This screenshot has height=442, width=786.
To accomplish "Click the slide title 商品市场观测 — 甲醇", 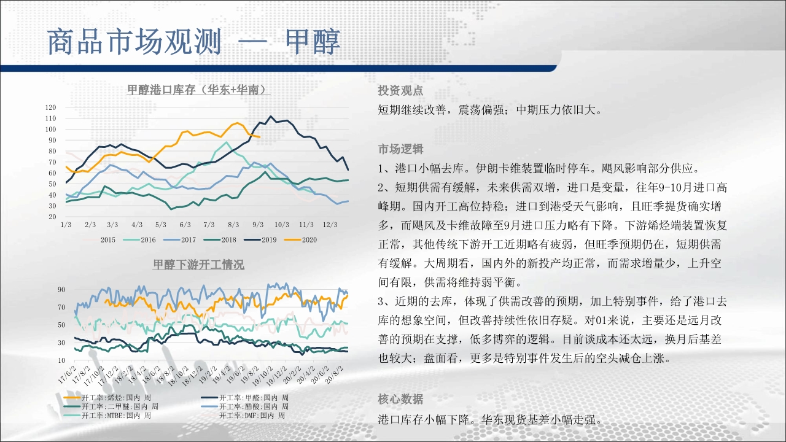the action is pyautogui.click(x=193, y=42).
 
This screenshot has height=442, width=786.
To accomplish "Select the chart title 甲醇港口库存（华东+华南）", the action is pyautogui.click(x=198, y=90).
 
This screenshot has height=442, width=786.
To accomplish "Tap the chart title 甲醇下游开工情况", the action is pyautogui.click(x=198, y=264).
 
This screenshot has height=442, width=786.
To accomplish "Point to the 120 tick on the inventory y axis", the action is pyautogui.click(x=50, y=107).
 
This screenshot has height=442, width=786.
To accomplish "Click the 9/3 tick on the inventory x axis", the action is pyautogui.click(x=258, y=225).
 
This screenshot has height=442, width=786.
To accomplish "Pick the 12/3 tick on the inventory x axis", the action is pyautogui.click(x=330, y=225).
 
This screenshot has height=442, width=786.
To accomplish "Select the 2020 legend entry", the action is pyautogui.click(x=300, y=239).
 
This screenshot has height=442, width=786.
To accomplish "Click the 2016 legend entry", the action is pyautogui.click(x=139, y=239).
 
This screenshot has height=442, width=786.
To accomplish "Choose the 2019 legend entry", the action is pyautogui.click(x=260, y=239).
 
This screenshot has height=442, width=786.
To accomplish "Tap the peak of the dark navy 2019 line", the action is pyautogui.click(x=271, y=117).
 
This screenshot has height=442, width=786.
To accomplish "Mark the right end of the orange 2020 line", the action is pyautogui.click(x=259, y=137).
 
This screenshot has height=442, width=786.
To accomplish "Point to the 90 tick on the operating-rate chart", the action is pyautogui.click(x=61, y=290).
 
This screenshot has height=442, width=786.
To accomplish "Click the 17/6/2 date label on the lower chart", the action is pyautogui.click(x=68, y=374).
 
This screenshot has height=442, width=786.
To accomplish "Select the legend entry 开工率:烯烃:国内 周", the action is pyautogui.click(x=107, y=397).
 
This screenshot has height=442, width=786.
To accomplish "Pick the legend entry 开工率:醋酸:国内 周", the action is pyautogui.click(x=244, y=406).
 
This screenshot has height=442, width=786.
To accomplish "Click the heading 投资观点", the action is pyautogui.click(x=400, y=90).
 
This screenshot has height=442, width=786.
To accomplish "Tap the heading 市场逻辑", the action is pyautogui.click(x=400, y=149).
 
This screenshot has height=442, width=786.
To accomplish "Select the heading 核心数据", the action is pyautogui.click(x=400, y=399).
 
